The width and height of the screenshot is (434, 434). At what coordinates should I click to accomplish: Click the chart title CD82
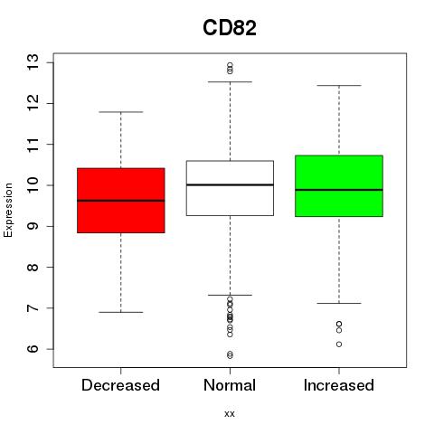point(230,28)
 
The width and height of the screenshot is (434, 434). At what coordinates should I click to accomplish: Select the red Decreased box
point(121,201)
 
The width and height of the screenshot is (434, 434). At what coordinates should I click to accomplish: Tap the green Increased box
point(339,186)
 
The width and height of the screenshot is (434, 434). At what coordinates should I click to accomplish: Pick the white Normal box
point(230,188)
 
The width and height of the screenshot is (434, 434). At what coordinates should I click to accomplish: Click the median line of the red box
point(121,201)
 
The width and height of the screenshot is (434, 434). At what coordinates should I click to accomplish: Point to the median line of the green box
point(339,190)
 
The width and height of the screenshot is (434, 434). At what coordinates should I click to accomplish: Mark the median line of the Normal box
point(230,184)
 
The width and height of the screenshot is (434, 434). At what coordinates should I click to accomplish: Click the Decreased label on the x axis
point(120,385)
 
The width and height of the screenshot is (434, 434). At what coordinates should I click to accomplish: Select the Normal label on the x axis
point(230,385)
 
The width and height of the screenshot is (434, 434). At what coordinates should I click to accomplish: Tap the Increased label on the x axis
point(339,385)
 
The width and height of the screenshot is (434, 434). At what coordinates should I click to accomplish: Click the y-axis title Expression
point(8,210)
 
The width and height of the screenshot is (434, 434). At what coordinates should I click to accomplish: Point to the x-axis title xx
point(230,414)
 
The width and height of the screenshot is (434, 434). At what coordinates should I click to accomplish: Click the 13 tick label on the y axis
point(33,62)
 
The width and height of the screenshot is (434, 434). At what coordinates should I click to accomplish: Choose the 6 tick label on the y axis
point(33,349)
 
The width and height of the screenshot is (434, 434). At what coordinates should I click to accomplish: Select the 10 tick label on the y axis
point(33,185)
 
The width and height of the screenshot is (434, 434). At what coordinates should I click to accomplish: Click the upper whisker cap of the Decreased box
point(121,112)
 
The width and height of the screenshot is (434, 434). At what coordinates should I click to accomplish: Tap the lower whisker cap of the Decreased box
point(121,312)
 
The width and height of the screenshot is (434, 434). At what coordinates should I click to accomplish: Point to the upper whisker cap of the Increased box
point(339,86)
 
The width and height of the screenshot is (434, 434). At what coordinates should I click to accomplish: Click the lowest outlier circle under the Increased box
point(339,344)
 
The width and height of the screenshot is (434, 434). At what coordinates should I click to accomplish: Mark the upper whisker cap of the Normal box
point(230,81)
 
